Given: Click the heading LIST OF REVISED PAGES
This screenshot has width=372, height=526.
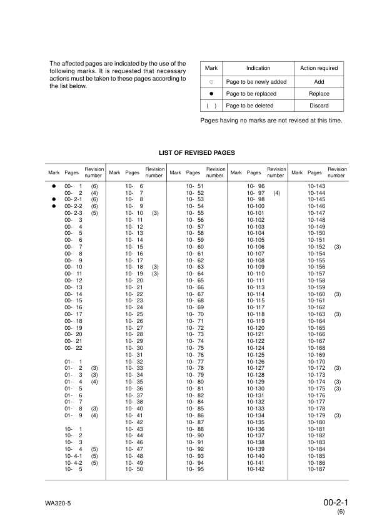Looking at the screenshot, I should click(198, 152).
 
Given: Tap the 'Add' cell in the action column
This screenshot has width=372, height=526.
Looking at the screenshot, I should click(319, 82).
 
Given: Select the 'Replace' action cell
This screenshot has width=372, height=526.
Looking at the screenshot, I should click(319, 94).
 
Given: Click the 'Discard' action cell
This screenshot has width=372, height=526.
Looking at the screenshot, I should click(319, 106).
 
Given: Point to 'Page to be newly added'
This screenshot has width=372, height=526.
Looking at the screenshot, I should click(256, 82).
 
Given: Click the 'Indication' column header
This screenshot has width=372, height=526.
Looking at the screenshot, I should click(258, 68).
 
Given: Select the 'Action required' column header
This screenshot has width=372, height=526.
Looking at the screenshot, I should click(319, 68).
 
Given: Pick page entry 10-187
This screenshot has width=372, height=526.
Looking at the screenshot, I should click(317, 469).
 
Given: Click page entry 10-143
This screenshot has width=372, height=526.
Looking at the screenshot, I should click(317, 186).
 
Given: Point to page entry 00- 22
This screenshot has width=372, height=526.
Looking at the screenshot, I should click(74, 347).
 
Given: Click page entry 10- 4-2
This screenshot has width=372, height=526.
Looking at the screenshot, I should click(74, 462).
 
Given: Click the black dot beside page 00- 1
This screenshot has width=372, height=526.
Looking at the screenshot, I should click(54, 186).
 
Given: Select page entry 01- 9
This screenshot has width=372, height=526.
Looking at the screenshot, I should click(74, 415).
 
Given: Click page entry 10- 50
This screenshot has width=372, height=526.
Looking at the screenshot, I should click(135, 469).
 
